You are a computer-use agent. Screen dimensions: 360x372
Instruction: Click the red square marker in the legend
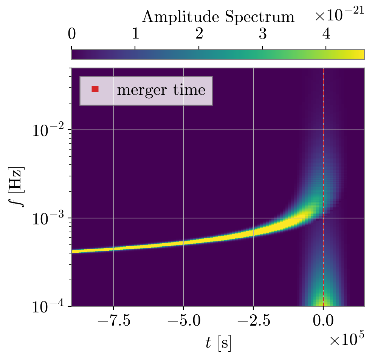(x=95, y=89)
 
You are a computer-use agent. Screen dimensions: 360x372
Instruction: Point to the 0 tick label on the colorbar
(x=72, y=34)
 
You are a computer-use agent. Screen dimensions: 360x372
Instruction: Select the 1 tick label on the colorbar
(x=135, y=34)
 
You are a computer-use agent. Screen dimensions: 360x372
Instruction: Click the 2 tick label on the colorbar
(x=199, y=34)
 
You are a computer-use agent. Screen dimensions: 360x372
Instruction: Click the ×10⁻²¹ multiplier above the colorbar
(x=339, y=14)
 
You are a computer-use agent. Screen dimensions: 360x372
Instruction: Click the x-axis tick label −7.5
(x=113, y=322)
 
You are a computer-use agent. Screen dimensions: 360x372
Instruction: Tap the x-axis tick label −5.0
(x=183, y=322)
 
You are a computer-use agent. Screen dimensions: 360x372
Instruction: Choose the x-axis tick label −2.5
(x=253, y=322)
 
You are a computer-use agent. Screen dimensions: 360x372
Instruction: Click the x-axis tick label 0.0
(x=323, y=322)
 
